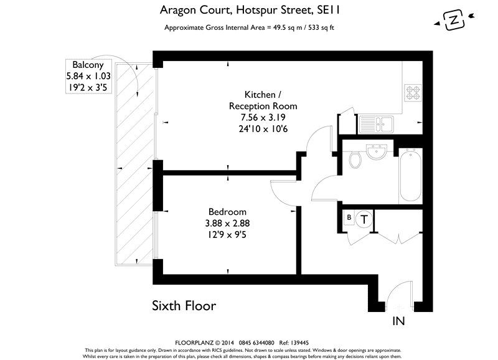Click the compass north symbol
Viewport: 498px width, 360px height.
pos(455,21)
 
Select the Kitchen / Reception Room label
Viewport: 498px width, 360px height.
pos(262,100)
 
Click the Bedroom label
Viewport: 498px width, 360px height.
pos(227,212)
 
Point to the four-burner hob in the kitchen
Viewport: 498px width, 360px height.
pos(413,93)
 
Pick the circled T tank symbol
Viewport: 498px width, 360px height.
pos(365,219)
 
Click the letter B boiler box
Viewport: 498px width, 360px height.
pos(349,217)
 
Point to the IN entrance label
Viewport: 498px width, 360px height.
pos(400,322)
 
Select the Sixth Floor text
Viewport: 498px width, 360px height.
pos(184,306)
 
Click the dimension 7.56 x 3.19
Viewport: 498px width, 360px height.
pos(262,118)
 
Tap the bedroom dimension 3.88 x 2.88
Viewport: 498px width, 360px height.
pos(227,223)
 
